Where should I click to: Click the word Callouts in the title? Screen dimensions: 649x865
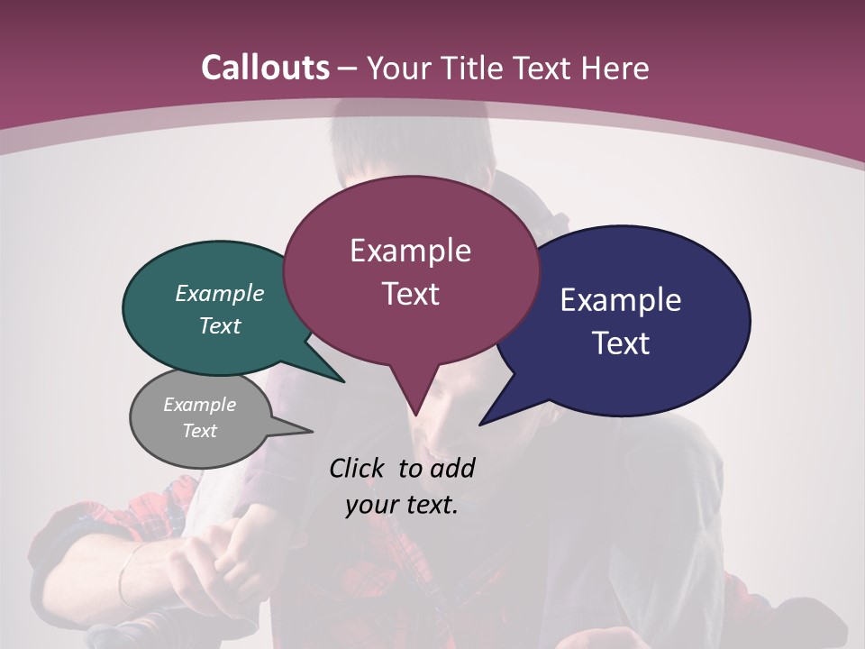[x=265, y=68]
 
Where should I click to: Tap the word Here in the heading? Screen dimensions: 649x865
[x=615, y=68]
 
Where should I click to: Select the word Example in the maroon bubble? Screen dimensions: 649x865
[x=410, y=251]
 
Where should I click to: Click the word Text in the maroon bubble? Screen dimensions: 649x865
[x=410, y=294]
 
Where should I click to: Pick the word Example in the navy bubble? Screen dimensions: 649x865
[x=620, y=300]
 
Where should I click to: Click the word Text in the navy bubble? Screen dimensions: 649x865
[x=620, y=343]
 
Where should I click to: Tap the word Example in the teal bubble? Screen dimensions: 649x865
[x=220, y=294]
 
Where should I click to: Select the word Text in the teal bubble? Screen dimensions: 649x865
[x=220, y=326]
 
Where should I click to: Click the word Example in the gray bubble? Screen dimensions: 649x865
[x=200, y=405]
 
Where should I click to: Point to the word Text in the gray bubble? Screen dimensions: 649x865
[x=200, y=431]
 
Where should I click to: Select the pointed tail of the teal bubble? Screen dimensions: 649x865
[x=333, y=374]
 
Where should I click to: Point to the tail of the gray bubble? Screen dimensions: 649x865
[x=302, y=429]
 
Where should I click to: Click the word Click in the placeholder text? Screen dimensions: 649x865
[x=358, y=469]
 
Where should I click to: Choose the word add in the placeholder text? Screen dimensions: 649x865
[x=451, y=469]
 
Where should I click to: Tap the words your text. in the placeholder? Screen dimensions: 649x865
[x=402, y=505]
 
